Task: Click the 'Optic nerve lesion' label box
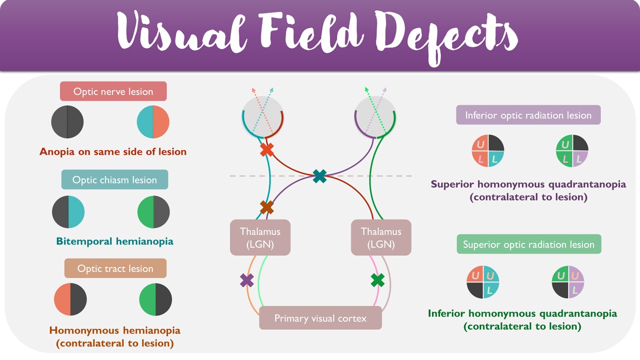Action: (113, 91)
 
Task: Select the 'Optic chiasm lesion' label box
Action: (114, 179)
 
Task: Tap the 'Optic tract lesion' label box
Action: (115, 268)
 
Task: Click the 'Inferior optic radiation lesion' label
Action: (528, 115)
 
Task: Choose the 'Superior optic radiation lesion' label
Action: (528, 244)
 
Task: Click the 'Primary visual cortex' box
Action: (320, 318)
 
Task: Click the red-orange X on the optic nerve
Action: (266, 149)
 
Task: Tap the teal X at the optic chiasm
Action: (319, 175)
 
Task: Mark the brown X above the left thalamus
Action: (266, 207)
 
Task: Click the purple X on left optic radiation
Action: (247, 280)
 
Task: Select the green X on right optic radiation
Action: (378, 280)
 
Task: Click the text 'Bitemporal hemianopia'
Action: (114, 241)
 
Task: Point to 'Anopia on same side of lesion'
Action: (113, 151)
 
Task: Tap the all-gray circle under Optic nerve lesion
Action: (67, 122)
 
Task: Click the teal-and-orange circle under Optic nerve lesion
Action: (153, 122)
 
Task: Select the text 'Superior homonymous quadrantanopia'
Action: (528, 184)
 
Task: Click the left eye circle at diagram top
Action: (263, 116)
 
